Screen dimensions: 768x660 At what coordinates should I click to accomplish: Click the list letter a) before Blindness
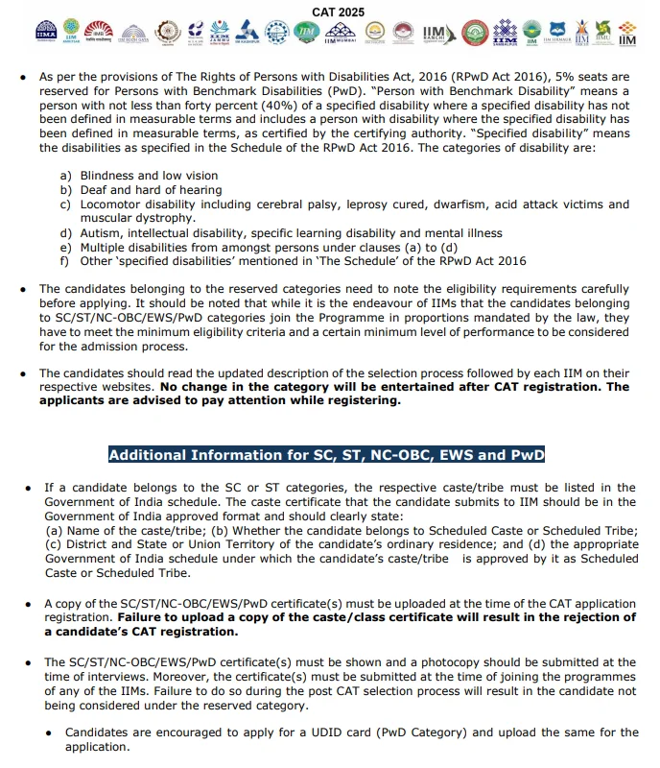pyautogui.click(x=65, y=176)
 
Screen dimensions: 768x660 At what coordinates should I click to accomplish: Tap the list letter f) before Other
pyautogui.click(x=64, y=261)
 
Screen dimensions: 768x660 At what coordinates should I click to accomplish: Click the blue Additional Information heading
pyautogui.click(x=327, y=455)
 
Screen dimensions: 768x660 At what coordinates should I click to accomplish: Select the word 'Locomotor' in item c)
pyautogui.click(x=111, y=204)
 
